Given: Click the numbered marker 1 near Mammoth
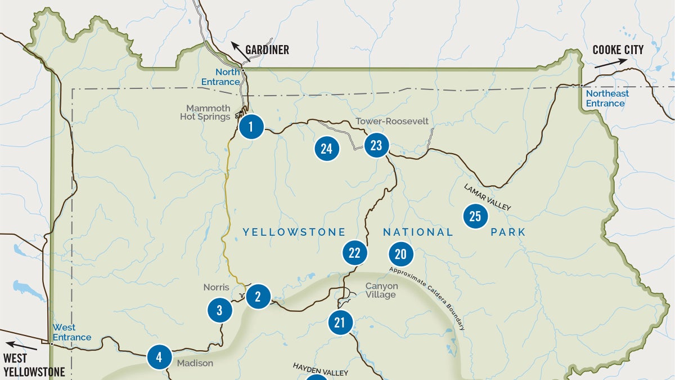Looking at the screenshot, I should pyautogui.click(x=251, y=127).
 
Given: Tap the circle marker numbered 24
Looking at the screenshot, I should pyautogui.click(x=326, y=149).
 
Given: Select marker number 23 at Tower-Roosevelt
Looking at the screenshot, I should pyautogui.click(x=376, y=146).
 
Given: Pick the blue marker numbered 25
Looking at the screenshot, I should pyautogui.click(x=475, y=216).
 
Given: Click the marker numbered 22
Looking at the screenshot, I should pyautogui.click(x=354, y=253).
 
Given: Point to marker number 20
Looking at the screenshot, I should pyautogui.click(x=400, y=254).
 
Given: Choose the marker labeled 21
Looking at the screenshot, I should pyautogui.click(x=340, y=323).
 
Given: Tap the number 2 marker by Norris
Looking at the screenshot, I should pyautogui.click(x=258, y=296).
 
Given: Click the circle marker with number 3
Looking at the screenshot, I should pyautogui.click(x=219, y=310).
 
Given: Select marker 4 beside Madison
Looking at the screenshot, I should pyautogui.click(x=159, y=356).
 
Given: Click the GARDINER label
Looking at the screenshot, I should pyautogui.click(x=267, y=50).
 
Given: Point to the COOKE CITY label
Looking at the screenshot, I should pyautogui.click(x=618, y=50).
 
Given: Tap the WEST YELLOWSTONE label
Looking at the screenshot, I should pyautogui.click(x=34, y=365).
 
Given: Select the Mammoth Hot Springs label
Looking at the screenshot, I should pyautogui.click(x=205, y=112).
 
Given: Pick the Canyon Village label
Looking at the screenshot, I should pyautogui.click(x=381, y=290).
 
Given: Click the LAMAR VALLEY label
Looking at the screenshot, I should pyautogui.click(x=487, y=197).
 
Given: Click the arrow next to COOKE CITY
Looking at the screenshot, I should pyautogui.click(x=607, y=64).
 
